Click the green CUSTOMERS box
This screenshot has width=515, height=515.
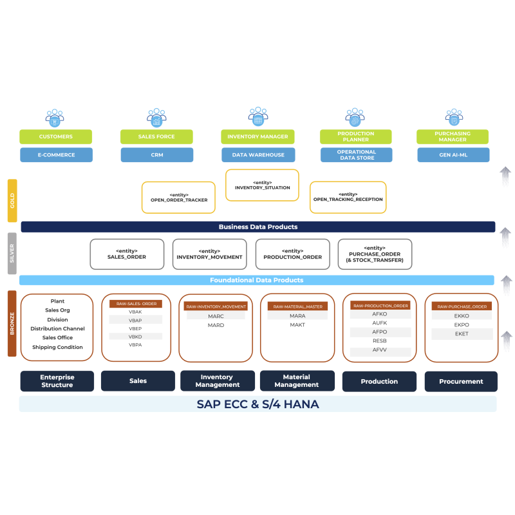click(x=55, y=136)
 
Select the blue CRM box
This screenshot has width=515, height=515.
click(x=156, y=154)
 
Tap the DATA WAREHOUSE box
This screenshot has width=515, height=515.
click(x=258, y=154)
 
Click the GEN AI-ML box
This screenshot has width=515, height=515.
click(x=453, y=154)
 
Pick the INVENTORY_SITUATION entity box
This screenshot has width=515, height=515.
click(x=262, y=185)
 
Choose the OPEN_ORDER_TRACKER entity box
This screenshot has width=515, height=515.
click(x=178, y=197)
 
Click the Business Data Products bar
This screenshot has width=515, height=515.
click(x=257, y=227)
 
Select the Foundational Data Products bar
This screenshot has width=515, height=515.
click(x=256, y=280)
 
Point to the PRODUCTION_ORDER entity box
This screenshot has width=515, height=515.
click(x=292, y=254)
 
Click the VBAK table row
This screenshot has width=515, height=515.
click(x=135, y=312)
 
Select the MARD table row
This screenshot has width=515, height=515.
click(x=216, y=325)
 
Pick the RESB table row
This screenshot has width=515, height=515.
click(x=380, y=341)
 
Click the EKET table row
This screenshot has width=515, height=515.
click(x=462, y=334)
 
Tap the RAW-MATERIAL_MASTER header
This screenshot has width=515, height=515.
click(x=297, y=306)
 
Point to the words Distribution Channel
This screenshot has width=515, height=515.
click(x=57, y=328)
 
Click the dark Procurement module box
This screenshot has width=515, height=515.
click(x=461, y=381)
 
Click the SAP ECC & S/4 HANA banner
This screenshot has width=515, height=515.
click(x=257, y=404)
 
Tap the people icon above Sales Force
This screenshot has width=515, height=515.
click(x=156, y=117)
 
